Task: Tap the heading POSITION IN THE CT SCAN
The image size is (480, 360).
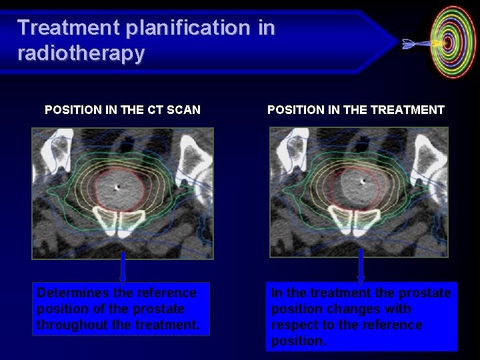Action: tap(123, 110)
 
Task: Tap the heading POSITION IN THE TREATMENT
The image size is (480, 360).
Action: tap(355, 110)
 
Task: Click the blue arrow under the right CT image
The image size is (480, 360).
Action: tap(361, 267)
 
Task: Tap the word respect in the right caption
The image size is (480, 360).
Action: tap(293, 325)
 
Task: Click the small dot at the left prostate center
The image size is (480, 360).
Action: tap(117, 187)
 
